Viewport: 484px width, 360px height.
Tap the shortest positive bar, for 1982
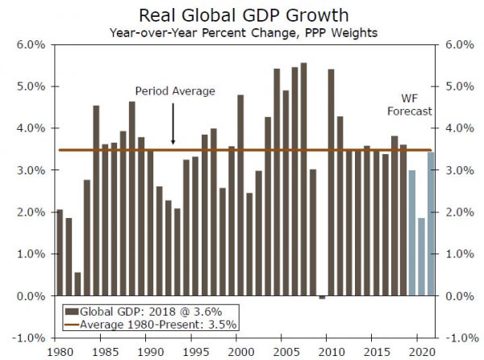[77, 284]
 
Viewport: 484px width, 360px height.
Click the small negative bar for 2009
[322, 298]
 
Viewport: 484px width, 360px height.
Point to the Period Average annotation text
[175, 91]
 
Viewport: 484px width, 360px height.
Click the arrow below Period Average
[173, 124]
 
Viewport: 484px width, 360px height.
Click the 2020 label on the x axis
[419, 352]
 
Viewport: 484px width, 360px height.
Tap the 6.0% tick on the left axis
[31, 44]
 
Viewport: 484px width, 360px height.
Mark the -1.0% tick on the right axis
[451, 338]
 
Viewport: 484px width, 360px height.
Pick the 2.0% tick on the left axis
[31, 212]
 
